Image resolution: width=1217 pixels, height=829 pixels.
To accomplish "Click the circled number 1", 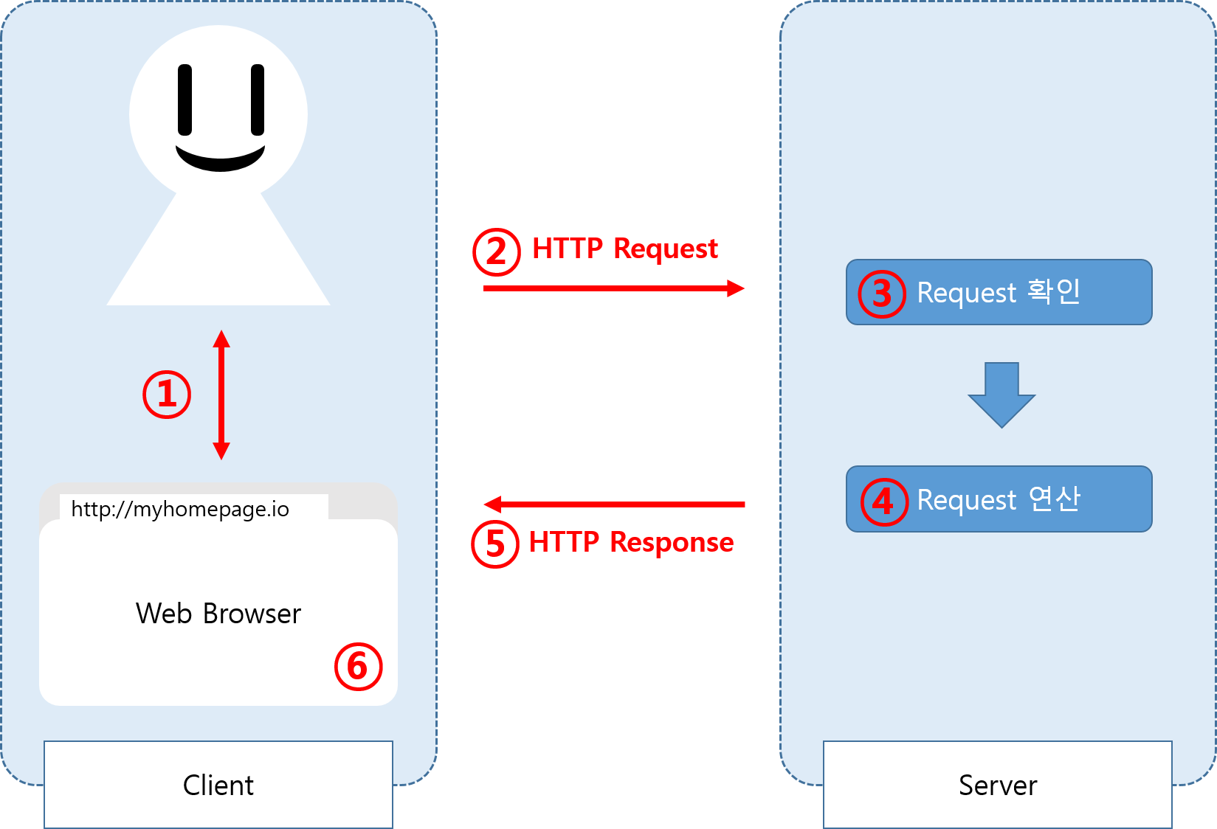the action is pyautogui.click(x=167, y=395).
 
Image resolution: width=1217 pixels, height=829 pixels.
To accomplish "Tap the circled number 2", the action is pyautogui.click(x=497, y=252).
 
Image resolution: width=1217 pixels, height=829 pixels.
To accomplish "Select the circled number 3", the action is pyautogui.click(x=882, y=294).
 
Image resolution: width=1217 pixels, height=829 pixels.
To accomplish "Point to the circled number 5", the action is pyautogui.click(x=495, y=544).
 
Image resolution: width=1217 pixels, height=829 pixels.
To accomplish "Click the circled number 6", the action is pyautogui.click(x=359, y=667).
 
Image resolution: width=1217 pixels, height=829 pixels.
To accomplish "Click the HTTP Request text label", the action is pyautogui.click(x=625, y=249).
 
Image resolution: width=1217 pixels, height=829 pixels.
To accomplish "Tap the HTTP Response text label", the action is pyautogui.click(x=631, y=542).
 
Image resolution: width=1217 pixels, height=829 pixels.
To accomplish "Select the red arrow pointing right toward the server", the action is pyautogui.click(x=614, y=288).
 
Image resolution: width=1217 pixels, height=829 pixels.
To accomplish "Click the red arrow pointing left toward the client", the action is pyautogui.click(x=614, y=504).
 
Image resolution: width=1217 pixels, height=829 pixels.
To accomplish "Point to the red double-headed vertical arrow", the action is pyautogui.click(x=221, y=395).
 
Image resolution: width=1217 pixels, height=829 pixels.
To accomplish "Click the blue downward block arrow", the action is pyautogui.click(x=1001, y=395).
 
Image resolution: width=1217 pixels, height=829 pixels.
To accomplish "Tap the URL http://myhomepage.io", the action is pyautogui.click(x=180, y=509).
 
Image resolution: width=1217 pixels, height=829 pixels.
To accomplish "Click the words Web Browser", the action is pyautogui.click(x=218, y=614).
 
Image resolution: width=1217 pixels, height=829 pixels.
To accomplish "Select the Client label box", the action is pyautogui.click(x=218, y=785).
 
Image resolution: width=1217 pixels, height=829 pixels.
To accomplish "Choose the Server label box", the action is pyautogui.click(x=998, y=785).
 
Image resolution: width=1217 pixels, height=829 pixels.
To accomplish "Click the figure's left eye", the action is pyautogui.click(x=185, y=100).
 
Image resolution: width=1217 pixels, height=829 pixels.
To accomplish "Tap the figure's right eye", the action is pyautogui.click(x=258, y=100).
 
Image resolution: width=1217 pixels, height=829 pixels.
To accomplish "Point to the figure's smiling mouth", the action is pyautogui.click(x=220, y=159).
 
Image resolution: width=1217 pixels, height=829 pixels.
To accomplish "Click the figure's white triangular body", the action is pyautogui.click(x=218, y=255).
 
